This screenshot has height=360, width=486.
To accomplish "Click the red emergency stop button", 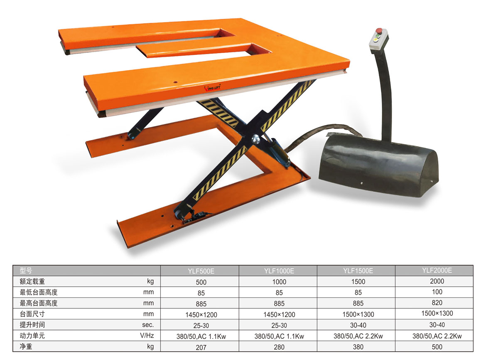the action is (x=379, y=30).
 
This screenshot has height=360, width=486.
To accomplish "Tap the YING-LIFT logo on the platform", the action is (x=212, y=88).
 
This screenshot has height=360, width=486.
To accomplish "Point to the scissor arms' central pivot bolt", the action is (x=256, y=139).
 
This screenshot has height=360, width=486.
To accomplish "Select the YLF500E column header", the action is (x=201, y=271).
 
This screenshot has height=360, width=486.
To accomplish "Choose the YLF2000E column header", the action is (x=437, y=270).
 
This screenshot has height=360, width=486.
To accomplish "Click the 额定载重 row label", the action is (x=32, y=281).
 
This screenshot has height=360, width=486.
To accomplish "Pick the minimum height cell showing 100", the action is (x=437, y=292).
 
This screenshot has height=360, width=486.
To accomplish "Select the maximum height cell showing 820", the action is (x=437, y=303).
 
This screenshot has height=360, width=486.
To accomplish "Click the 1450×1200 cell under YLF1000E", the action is (x=279, y=315).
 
